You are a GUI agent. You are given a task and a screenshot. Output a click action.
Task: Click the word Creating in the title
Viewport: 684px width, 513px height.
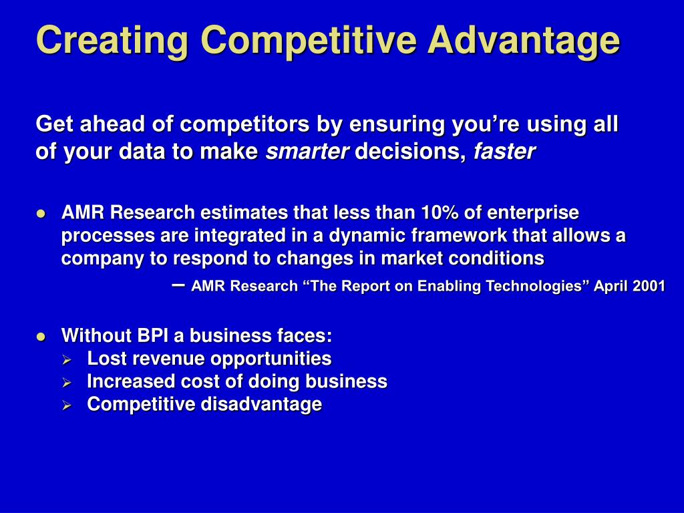(x=112, y=40)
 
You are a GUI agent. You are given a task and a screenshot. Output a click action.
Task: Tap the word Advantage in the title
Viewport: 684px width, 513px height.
(x=524, y=40)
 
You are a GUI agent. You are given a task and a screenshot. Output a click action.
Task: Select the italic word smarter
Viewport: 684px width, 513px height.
(x=307, y=152)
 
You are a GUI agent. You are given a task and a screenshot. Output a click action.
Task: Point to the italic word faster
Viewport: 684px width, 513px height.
(x=504, y=152)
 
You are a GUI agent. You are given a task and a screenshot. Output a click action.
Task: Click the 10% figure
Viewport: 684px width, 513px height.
(x=440, y=212)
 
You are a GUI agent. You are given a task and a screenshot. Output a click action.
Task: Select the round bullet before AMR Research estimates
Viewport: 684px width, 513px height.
(x=41, y=214)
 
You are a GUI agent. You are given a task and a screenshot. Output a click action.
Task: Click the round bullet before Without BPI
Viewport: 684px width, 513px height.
(x=41, y=337)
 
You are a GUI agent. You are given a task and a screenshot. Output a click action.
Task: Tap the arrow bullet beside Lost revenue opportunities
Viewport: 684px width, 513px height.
(x=67, y=360)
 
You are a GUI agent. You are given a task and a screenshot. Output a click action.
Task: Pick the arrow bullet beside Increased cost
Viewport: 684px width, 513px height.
(x=67, y=383)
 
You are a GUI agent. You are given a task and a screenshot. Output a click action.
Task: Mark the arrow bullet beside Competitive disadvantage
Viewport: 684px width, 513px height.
(x=67, y=405)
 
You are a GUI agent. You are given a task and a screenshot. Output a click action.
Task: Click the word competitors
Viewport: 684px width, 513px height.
(x=244, y=124)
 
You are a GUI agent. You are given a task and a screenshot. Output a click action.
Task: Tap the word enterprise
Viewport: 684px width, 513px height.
(x=533, y=213)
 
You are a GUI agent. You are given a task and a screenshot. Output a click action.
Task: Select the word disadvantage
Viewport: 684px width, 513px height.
(x=261, y=404)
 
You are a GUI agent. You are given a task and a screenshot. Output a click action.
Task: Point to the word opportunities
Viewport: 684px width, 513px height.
(x=271, y=359)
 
